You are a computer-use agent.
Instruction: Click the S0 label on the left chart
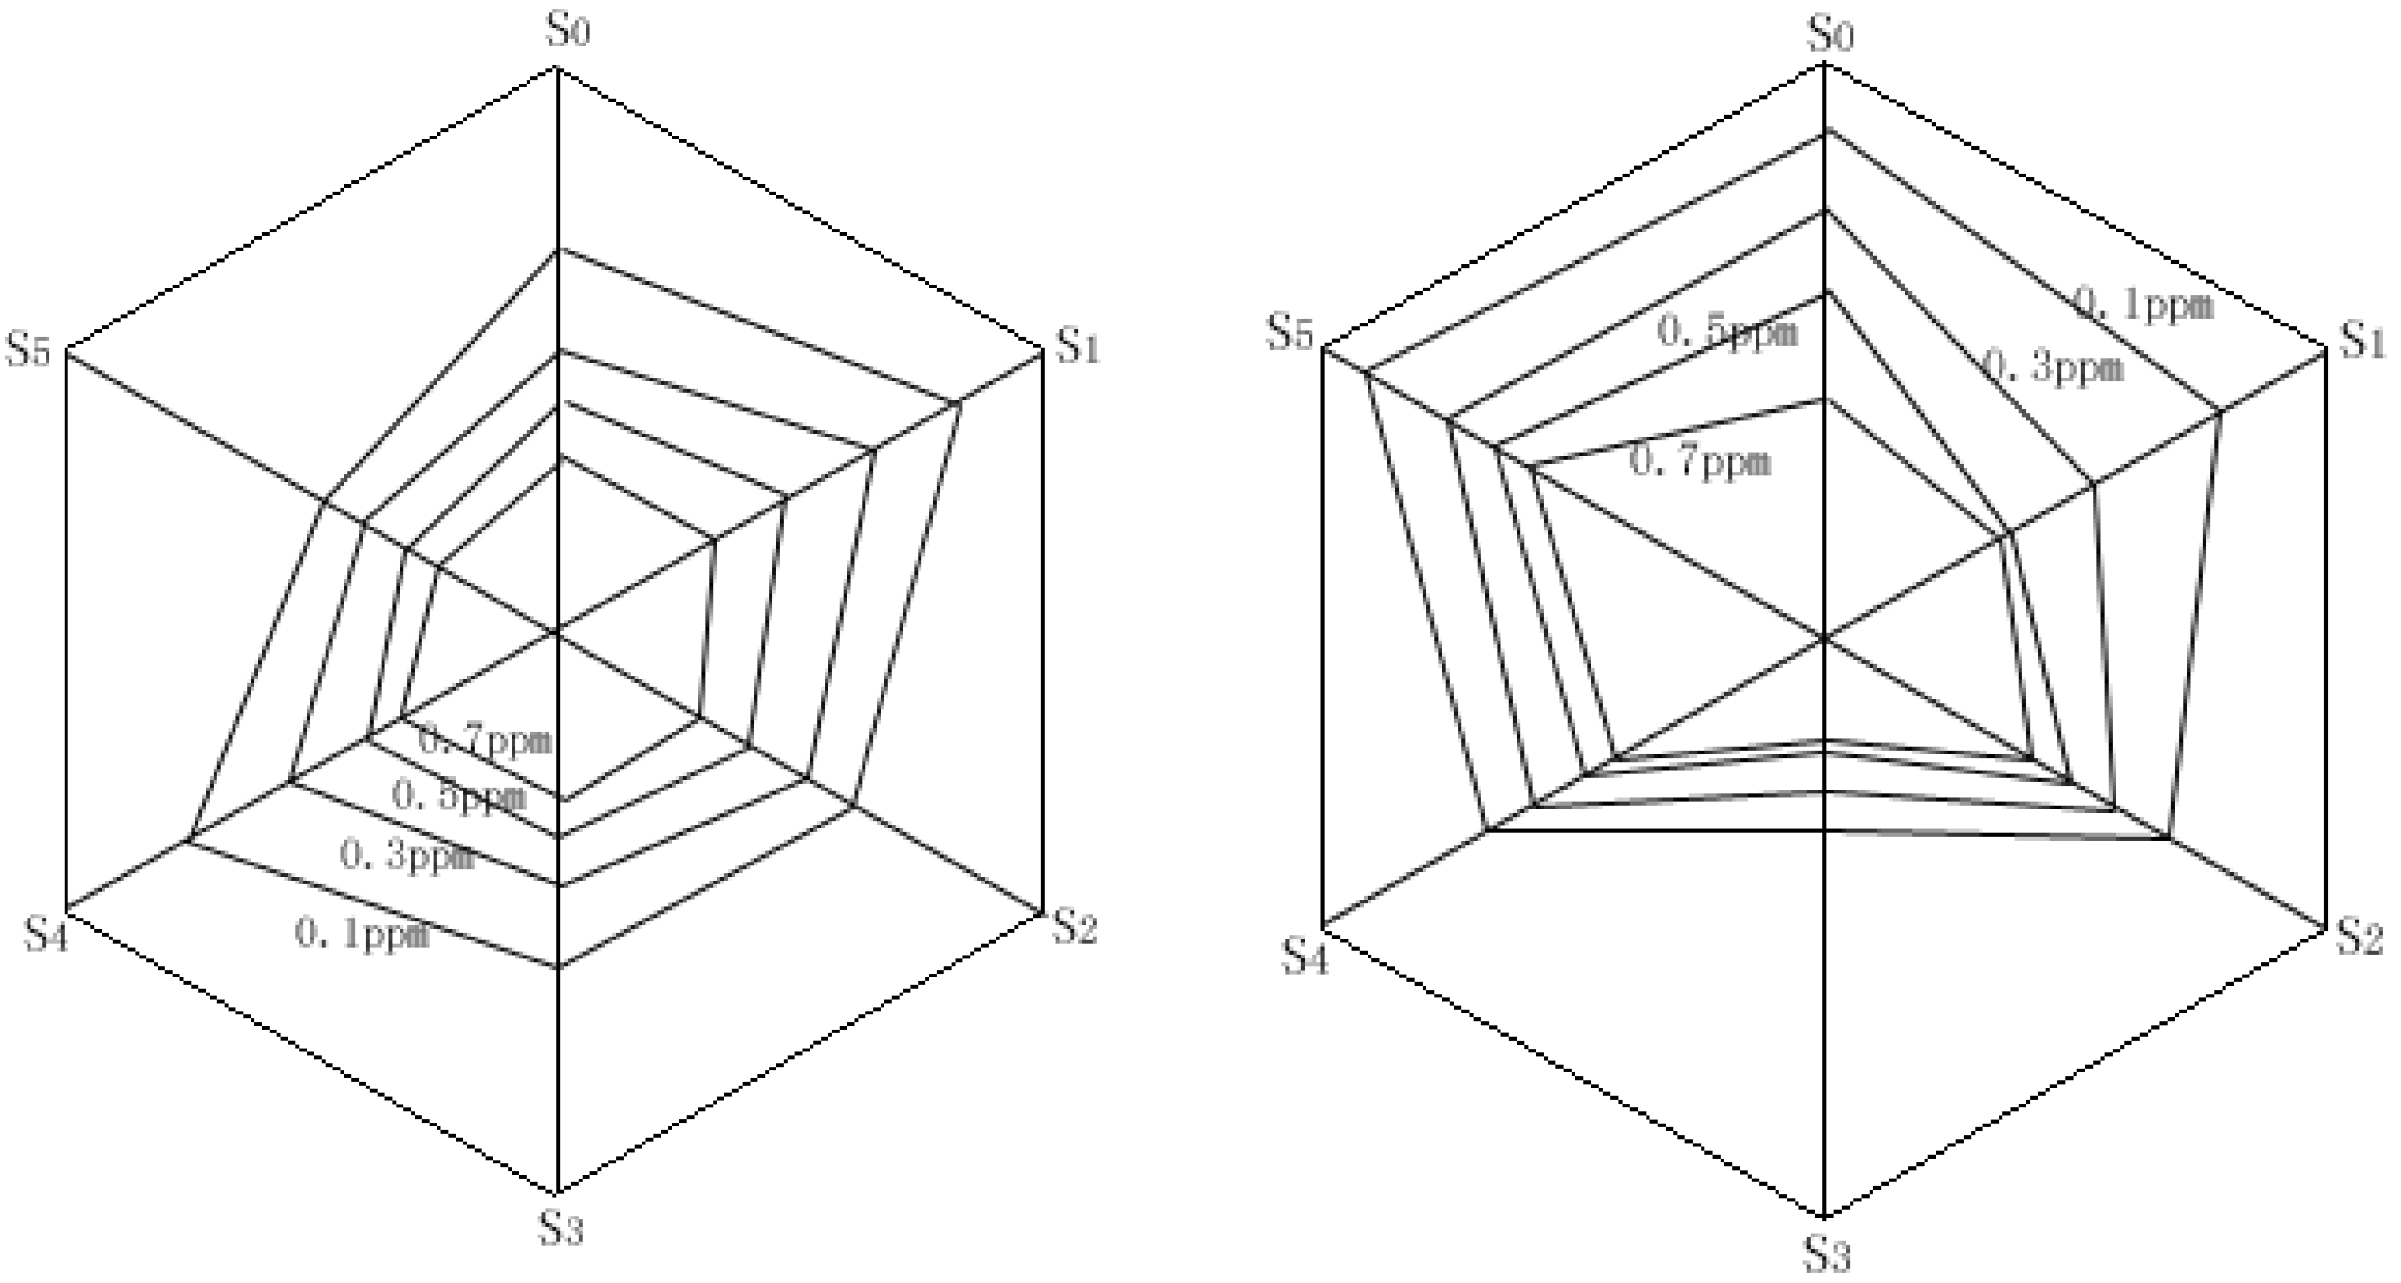point(568,31)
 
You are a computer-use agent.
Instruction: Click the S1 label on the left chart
point(1078,345)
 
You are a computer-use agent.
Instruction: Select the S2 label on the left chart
point(1074,927)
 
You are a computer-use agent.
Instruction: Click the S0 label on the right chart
point(1830,34)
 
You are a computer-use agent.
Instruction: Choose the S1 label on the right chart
point(2362,341)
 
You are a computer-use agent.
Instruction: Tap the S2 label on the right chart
point(2360,937)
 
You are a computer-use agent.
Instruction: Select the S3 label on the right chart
point(1827,1255)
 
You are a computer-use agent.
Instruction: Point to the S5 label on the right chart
point(1291,334)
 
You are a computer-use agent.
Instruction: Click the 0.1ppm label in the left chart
point(363,934)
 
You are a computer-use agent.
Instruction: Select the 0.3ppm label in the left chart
point(406,856)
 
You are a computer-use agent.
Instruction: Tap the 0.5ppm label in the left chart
point(458,796)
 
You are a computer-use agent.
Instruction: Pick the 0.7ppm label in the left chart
point(485,739)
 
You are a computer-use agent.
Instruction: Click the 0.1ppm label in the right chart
point(2143,304)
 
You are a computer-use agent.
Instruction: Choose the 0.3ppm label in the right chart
point(2054,366)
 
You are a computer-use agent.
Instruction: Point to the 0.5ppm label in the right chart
point(1728,332)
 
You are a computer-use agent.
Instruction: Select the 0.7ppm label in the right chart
point(1701,462)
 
